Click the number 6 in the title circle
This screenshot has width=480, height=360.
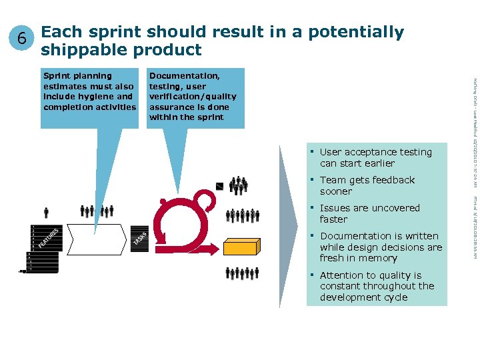tap(22, 39)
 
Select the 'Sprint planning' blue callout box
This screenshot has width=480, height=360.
tap(89, 97)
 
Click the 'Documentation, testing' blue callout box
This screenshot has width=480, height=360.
tap(196, 97)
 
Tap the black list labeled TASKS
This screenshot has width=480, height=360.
tap(139, 237)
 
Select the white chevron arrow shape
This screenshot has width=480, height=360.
tap(97, 239)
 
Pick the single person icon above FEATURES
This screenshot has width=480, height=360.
tap(46, 213)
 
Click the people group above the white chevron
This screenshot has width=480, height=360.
tap(97, 211)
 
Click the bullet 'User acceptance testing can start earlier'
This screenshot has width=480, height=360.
tap(375, 158)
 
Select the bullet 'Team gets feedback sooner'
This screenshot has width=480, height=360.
tap(367, 186)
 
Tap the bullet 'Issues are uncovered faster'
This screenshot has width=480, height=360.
tap(369, 214)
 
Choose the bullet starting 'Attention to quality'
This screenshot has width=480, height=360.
tap(377, 286)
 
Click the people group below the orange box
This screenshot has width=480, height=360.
tap(242, 273)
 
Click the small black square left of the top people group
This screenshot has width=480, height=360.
tap(221, 186)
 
